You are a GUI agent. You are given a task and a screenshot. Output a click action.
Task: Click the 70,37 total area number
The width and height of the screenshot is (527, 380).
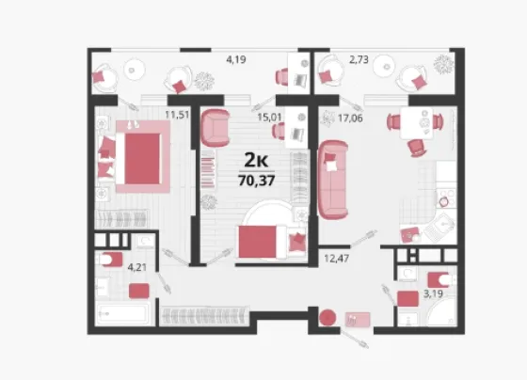[256, 181]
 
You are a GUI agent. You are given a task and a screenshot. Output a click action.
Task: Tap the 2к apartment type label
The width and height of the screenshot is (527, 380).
[256, 160]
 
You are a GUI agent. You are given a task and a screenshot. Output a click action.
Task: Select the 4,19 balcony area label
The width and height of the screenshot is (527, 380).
[236, 60]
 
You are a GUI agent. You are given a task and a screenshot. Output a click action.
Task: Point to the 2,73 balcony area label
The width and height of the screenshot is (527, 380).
[359, 60]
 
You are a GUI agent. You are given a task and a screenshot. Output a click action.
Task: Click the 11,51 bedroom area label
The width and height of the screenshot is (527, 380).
[177, 115]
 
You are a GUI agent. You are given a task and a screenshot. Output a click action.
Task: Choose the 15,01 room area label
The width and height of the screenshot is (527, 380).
[269, 118]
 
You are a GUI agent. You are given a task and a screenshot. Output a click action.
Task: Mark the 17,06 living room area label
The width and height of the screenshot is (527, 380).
[350, 119]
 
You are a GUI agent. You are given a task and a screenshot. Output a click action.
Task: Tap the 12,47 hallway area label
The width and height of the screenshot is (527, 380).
[337, 259]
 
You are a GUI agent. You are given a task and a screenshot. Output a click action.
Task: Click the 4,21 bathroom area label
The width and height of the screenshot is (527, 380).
[137, 267]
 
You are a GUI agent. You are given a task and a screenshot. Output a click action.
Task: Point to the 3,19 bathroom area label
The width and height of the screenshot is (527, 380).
[433, 294]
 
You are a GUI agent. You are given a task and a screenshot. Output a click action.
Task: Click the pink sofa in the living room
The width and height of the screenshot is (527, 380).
[333, 180]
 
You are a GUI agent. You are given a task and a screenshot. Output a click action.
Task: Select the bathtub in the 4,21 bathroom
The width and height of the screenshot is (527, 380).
[122, 313]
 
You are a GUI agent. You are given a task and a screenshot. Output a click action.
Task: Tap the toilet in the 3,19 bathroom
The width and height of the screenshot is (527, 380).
[441, 279]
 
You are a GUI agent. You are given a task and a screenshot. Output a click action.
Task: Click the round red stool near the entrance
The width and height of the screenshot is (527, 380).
[327, 318]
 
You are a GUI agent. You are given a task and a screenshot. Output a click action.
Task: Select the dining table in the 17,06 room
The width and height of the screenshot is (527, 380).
[416, 123]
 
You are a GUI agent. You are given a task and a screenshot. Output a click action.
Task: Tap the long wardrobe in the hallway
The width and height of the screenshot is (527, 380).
[205, 316]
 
